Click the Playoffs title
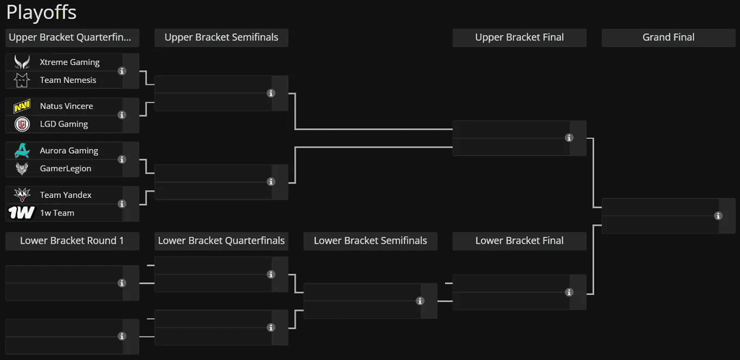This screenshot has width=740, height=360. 41,13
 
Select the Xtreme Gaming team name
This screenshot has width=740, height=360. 69,62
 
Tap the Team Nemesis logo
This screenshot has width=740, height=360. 22,80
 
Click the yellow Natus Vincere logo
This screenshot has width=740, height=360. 22,106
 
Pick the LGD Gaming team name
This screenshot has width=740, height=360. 64,124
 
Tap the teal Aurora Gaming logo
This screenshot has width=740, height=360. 22,150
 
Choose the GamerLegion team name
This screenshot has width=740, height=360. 66,168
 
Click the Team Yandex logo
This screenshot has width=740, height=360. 22,195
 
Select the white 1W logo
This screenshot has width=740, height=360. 22,213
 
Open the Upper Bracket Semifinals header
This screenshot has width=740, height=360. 221,38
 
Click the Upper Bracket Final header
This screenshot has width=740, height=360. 520,38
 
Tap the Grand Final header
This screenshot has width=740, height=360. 668,38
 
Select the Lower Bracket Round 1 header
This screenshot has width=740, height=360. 72,241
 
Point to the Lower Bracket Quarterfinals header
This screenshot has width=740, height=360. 221,241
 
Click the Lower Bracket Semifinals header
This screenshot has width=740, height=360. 371,241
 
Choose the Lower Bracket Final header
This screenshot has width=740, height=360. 520,241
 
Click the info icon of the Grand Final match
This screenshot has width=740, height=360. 718,215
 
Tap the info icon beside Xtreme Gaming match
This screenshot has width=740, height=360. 121,71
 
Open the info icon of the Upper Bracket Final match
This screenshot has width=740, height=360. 569,138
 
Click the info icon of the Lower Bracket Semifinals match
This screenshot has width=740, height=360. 420,301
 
